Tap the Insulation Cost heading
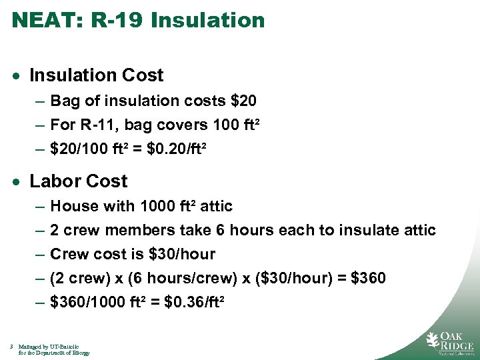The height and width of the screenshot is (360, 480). [97, 75]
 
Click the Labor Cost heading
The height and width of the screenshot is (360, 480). [79, 181]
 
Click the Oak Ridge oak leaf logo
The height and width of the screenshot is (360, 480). [433, 340]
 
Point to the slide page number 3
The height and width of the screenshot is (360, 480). [13, 347]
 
